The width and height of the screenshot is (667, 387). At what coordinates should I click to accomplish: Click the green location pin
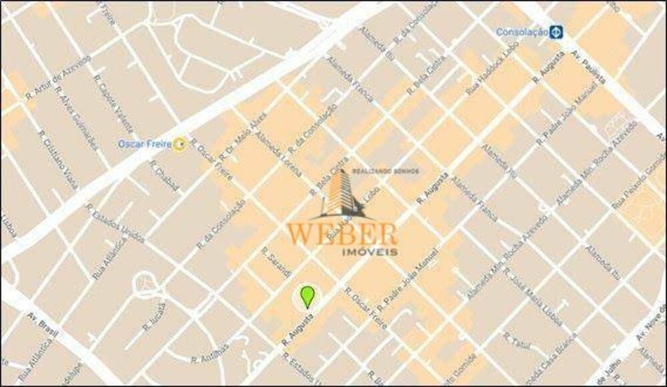click(x=307, y=296)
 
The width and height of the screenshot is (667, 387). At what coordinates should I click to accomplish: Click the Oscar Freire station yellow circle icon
click(x=179, y=143)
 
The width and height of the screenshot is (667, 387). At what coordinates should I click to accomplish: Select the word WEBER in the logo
click(x=342, y=234)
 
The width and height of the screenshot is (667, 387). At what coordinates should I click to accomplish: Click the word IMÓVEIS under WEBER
click(x=369, y=252)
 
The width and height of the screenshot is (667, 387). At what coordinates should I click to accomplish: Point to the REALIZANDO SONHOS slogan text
click(x=390, y=171)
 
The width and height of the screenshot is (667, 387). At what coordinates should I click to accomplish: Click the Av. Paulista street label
click(x=590, y=71)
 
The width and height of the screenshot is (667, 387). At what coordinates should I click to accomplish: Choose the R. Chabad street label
click(x=164, y=176)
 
